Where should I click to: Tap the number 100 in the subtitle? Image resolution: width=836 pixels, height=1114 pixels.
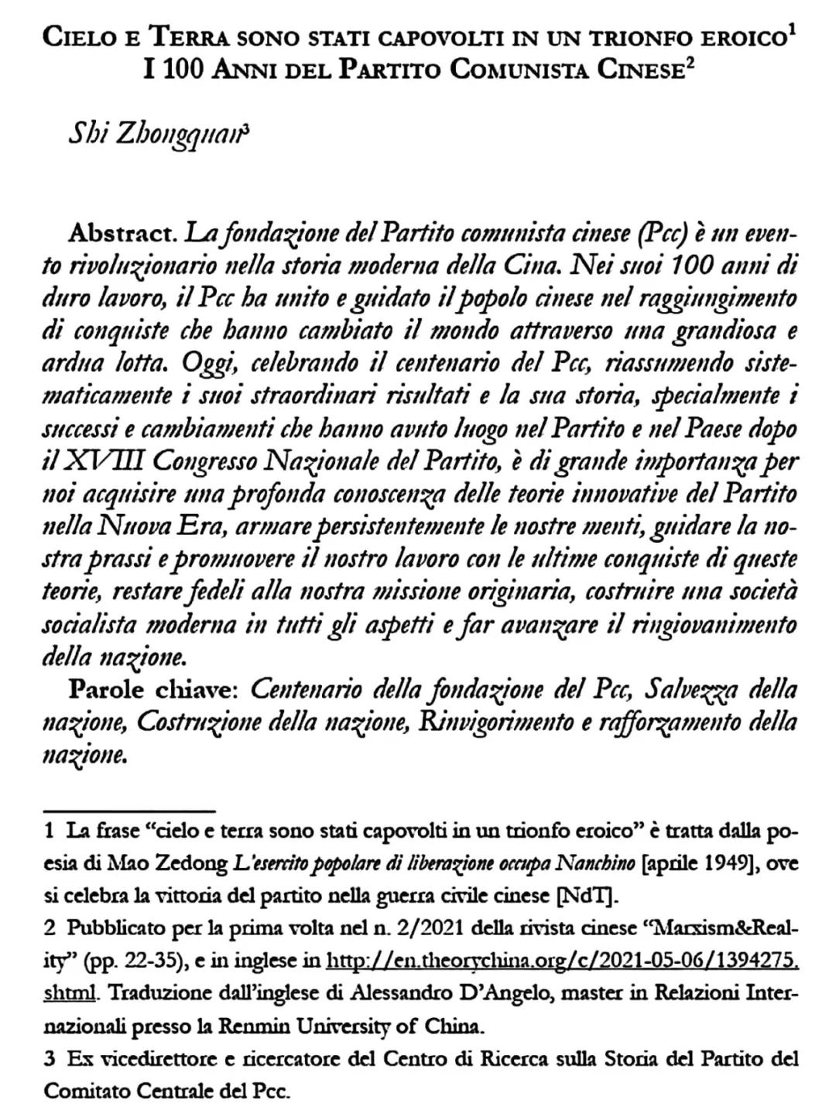point(182,70)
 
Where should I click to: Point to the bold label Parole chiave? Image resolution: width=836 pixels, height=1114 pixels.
point(157,688)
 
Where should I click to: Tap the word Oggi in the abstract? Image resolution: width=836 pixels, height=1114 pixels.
point(203,362)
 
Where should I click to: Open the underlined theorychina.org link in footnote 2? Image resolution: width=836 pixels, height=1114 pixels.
point(562,961)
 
